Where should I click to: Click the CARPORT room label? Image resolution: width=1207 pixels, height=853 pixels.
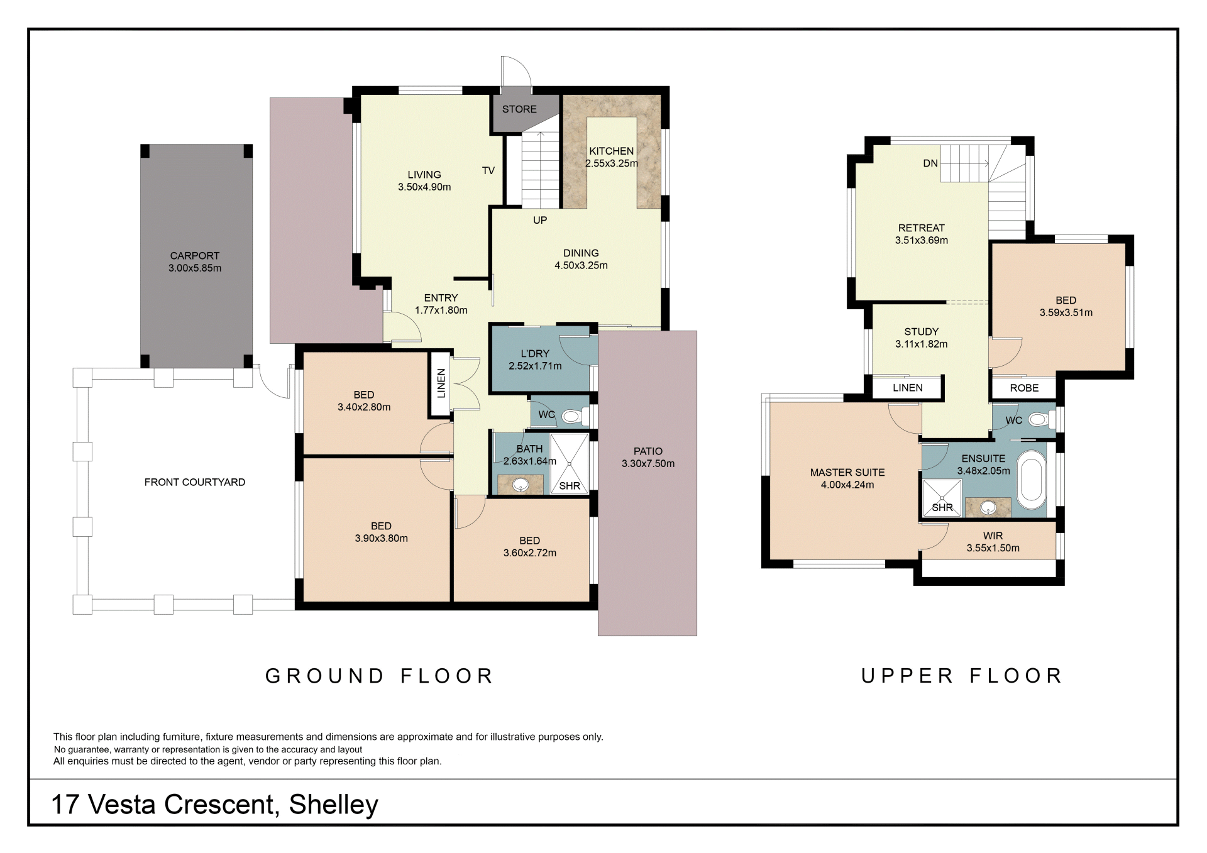pyautogui.click(x=195, y=256)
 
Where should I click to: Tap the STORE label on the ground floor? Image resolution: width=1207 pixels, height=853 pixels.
pyautogui.click(x=519, y=109)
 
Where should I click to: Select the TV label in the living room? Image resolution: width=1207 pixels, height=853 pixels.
pyautogui.click(x=488, y=170)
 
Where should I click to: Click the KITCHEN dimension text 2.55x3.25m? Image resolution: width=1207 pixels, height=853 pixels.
pyautogui.click(x=612, y=163)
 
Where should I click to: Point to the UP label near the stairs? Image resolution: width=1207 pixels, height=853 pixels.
pyautogui.click(x=540, y=220)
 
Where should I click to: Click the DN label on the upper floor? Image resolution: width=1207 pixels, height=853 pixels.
pyautogui.click(x=930, y=163)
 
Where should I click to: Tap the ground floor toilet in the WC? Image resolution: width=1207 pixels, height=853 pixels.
pyautogui.click(x=573, y=415)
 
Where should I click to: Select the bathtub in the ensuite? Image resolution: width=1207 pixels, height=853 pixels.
pyautogui.click(x=1031, y=480)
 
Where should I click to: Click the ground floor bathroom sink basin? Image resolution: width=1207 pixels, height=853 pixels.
pyautogui.click(x=521, y=485)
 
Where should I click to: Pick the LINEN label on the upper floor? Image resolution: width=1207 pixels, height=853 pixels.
pyautogui.click(x=908, y=388)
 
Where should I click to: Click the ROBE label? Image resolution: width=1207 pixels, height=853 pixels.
pyautogui.click(x=1024, y=388)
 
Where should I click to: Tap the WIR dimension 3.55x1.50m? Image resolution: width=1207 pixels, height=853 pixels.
pyautogui.click(x=993, y=548)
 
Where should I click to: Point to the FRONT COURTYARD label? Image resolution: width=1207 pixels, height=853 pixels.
pyautogui.click(x=195, y=482)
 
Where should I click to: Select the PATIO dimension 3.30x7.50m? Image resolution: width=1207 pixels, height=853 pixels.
pyautogui.click(x=648, y=464)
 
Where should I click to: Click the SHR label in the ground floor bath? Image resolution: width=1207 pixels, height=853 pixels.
pyautogui.click(x=570, y=486)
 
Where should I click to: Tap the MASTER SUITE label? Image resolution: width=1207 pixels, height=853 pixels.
pyautogui.click(x=847, y=473)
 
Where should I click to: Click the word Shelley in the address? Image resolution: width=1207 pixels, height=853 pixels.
pyautogui.click(x=334, y=805)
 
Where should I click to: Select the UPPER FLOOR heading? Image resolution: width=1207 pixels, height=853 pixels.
pyautogui.click(x=962, y=676)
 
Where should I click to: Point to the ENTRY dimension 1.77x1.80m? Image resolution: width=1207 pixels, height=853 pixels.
pyautogui.click(x=441, y=310)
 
